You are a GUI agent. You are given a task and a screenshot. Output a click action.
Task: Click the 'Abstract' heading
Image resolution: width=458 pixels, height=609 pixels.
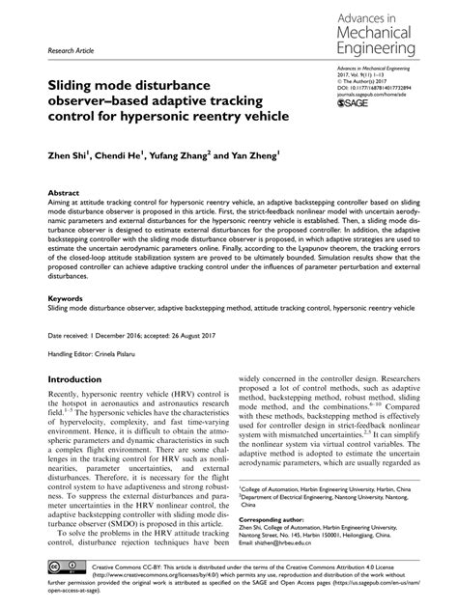tap(64, 193)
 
